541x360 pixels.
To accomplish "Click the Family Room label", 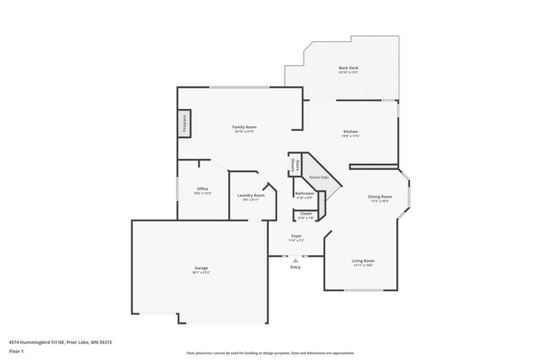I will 243,127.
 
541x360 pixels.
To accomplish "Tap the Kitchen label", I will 351,132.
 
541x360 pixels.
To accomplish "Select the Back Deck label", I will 348,68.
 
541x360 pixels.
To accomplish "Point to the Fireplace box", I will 183,123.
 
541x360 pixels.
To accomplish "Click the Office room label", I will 203,188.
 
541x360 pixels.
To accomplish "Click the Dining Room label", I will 379,196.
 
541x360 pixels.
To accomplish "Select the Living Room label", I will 363,260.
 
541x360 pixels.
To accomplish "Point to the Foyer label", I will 296,236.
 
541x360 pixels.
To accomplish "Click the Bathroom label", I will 304,194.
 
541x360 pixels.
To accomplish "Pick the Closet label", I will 305,214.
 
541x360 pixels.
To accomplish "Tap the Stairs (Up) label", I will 319,177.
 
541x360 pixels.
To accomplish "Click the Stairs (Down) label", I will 293,164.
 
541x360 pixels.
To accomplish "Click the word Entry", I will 295,267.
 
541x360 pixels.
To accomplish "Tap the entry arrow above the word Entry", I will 295,260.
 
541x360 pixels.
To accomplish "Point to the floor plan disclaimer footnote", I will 270,352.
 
